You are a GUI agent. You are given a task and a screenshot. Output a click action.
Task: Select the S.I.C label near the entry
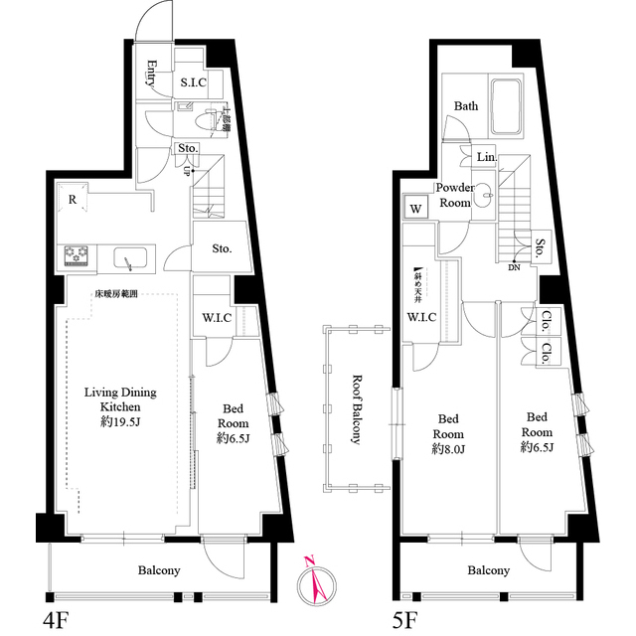(193, 83)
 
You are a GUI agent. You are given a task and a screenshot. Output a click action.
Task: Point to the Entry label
(152, 76)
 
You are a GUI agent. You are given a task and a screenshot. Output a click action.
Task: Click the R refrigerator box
(73, 200)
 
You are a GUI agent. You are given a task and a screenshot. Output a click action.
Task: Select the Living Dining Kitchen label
(119, 399)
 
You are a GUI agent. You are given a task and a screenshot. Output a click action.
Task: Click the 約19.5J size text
(120, 422)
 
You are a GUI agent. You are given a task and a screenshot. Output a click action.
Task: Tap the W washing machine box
(415, 210)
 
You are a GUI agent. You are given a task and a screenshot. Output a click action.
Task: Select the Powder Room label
(454, 196)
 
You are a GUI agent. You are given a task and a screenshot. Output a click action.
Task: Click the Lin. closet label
(486, 158)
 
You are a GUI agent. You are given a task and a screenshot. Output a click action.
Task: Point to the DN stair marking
(514, 266)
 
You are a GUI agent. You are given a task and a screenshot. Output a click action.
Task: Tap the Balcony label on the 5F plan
(488, 570)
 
